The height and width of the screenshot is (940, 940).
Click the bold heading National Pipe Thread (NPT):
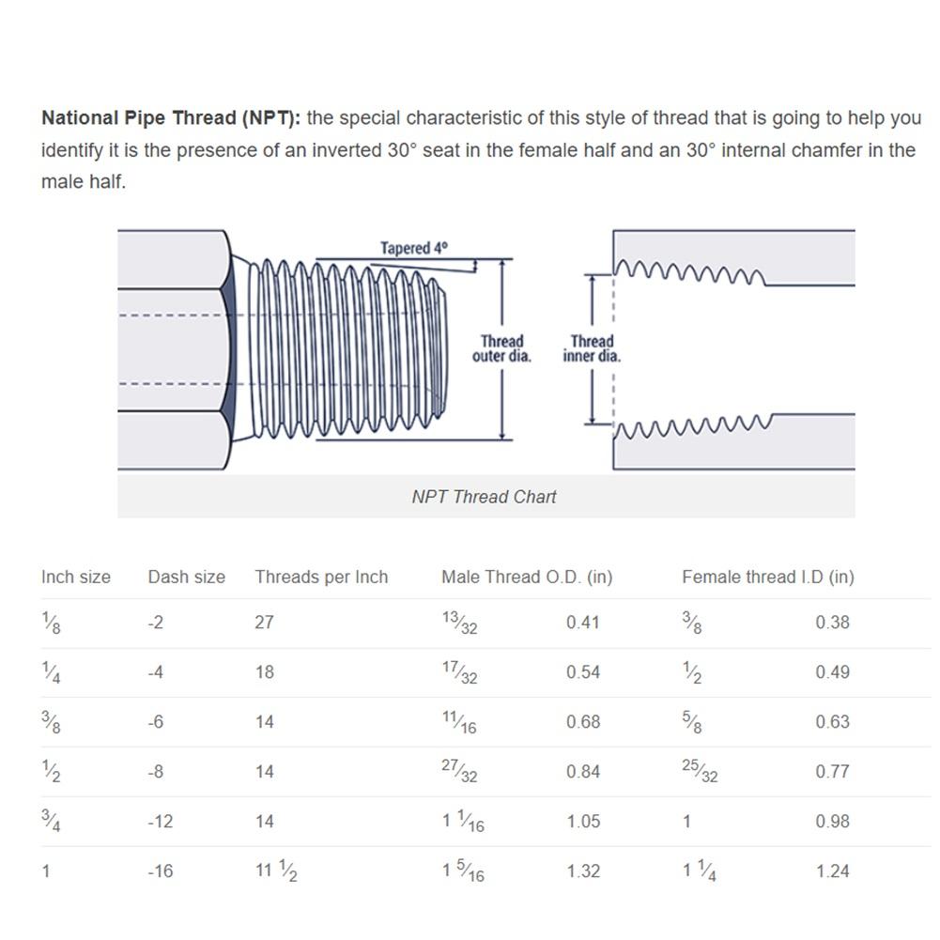click(x=171, y=118)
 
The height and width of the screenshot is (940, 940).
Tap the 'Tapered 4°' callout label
click(x=413, y=248)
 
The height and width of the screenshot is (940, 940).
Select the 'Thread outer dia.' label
click(x=501, y=348)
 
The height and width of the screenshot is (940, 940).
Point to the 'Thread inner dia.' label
click(x=592, y=348)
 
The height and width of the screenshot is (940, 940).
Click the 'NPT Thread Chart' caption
click(x=484, y=497)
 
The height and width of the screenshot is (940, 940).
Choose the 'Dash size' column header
click(x=187, y=577)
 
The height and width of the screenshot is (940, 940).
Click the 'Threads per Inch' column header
click(x=321, y=577)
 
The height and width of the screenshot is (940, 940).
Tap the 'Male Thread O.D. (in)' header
click(x=527, y=577)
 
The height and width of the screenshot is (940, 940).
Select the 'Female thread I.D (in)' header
click(x=768, y=577)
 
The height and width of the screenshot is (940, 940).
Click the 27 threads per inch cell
click(x=265, y=623)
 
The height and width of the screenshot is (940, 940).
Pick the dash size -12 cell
click(x=160, y=822)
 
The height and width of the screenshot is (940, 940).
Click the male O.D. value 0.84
click(x=583, y=772)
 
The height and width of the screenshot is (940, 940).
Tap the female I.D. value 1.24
click(x=833, y=871)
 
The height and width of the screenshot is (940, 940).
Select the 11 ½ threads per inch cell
click(x=276, y=871)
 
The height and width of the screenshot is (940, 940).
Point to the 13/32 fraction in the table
click(x=460, y=623)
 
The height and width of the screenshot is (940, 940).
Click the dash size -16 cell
click(x=160, y=871)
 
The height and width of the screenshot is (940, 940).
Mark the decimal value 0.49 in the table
click(x=833, y=672)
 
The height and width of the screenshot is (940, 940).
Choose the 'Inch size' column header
click(x=75, y=577)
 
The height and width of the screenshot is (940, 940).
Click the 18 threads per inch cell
click(x=265, y=672)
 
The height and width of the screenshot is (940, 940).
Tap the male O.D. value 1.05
click(x=583, y=822)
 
